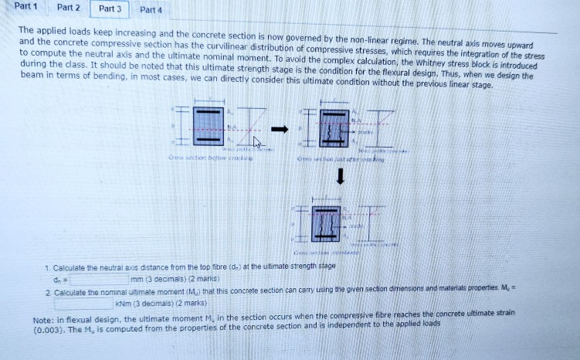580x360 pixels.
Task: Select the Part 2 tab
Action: pyautogui.click(x=69, y=8)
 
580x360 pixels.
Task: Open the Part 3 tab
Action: pyautogui.click(x=110, y=8)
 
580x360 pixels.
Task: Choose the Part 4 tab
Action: pyautogui.click(x=151, y=10)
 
